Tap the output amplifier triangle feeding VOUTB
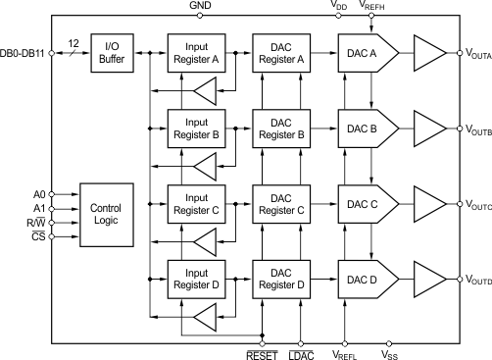[x=429, y=127]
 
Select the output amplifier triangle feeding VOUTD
[x=429, y=279]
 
